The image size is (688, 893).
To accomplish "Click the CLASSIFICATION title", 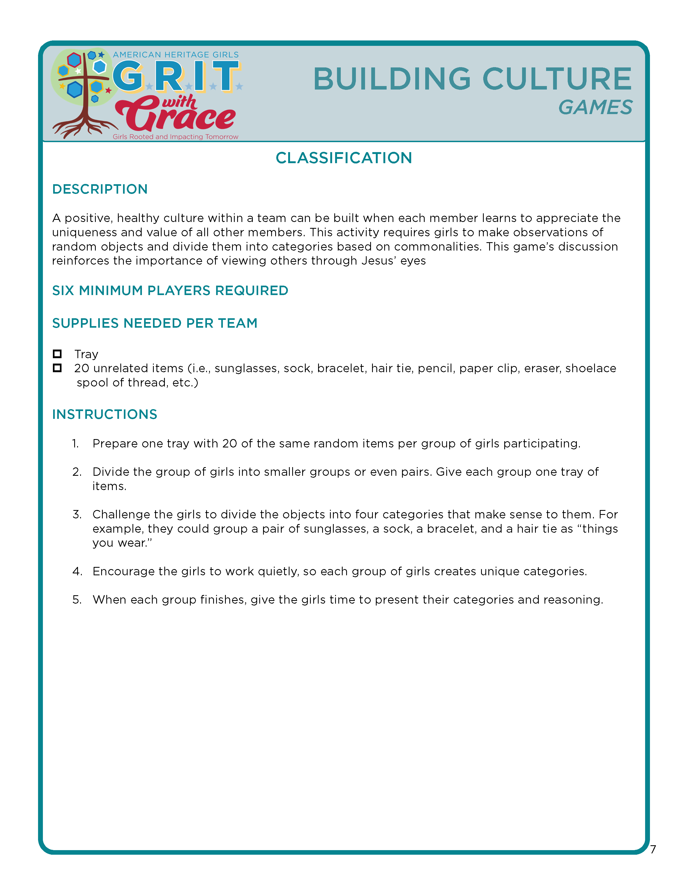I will pos(343,158).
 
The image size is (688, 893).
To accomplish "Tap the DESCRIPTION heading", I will pos(100,189).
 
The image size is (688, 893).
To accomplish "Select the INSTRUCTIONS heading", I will pos(105,414).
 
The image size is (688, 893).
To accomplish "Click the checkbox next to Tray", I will pos(57,354).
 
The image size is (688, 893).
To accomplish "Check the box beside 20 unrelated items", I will pos(57,368).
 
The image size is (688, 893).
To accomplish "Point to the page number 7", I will pos(653,849).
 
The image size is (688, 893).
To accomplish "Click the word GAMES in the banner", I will pos(595,108).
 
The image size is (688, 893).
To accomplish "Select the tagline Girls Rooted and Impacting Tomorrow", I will pos(175,136).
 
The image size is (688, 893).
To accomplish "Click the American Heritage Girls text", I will pos(176,55).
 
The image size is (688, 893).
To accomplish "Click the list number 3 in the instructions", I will pos(77,514).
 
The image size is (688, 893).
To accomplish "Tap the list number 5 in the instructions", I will pos(77,600).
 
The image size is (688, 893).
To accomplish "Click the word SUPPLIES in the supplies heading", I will pos(85,323).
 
